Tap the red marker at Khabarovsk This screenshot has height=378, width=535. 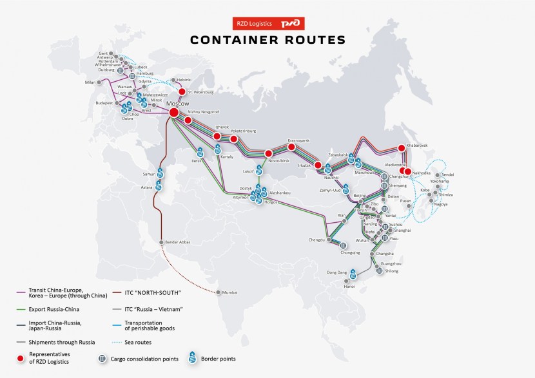(402, 147)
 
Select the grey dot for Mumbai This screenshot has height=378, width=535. (219, 292)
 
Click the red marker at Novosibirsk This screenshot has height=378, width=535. (268, 153)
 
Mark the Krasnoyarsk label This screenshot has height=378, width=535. (298, 140)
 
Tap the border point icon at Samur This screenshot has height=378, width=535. (159, 173)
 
